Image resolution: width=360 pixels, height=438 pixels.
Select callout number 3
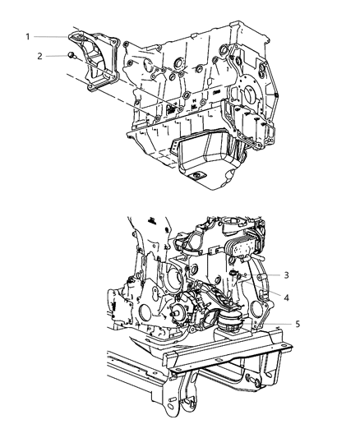click(x=286, y=275)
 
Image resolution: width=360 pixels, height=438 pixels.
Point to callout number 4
click(x=286, y=296)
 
